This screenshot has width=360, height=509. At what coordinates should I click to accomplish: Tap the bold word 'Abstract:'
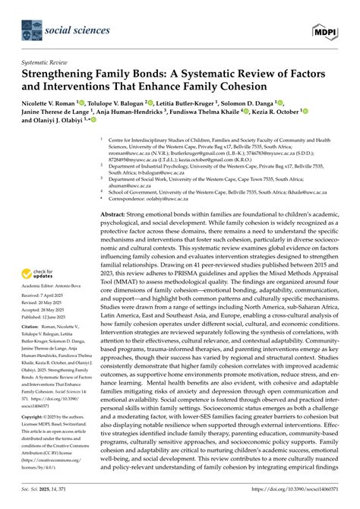116,216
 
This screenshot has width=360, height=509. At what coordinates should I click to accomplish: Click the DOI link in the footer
308,494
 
